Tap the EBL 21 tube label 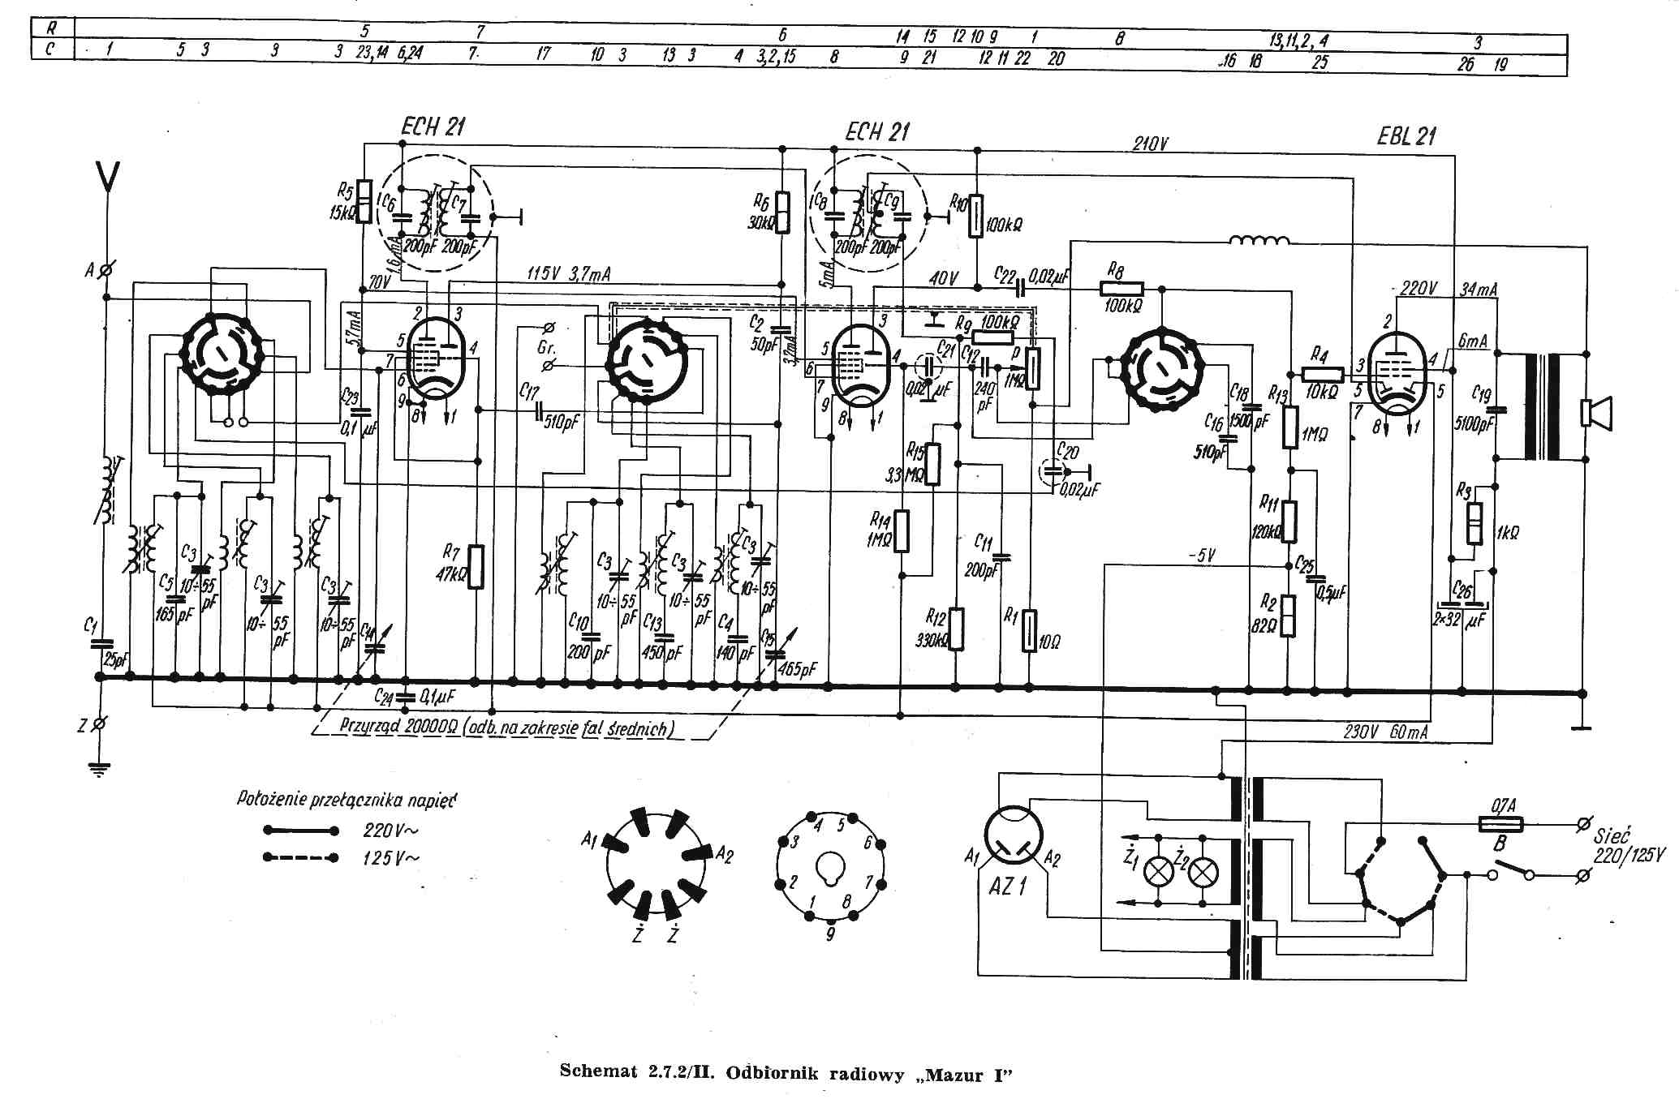1406,136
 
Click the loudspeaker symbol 1595,413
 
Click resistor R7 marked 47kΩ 476,566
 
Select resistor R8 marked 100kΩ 1122,288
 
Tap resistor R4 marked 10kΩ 1324,374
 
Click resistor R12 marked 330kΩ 958,629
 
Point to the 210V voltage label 1151,144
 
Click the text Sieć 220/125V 1626,844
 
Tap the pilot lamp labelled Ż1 1156,873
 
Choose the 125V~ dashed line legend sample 300,858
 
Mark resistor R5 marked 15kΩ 364,200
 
